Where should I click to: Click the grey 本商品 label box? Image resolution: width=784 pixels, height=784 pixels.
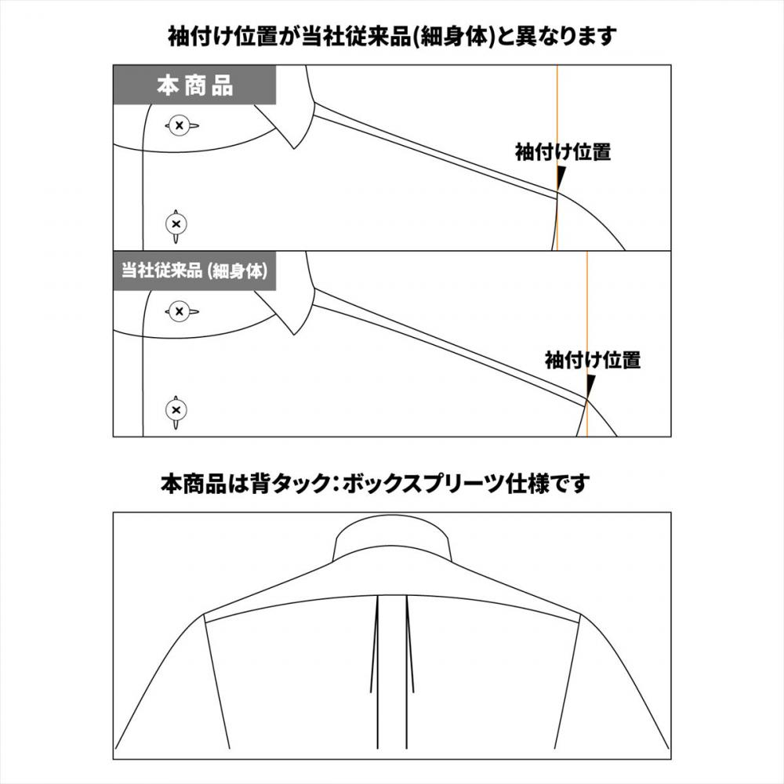(194, 85)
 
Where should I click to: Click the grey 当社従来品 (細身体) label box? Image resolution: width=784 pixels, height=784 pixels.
(194, 271)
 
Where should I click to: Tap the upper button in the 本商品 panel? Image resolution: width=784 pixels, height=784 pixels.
(179, 125)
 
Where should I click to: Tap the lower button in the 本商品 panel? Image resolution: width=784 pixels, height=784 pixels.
(176, 225)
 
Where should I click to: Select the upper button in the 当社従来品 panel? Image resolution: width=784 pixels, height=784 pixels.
(179, 311)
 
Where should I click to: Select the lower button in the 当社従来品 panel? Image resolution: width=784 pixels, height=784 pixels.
(176, 411)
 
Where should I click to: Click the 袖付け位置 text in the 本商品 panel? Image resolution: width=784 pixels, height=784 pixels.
(563, 152)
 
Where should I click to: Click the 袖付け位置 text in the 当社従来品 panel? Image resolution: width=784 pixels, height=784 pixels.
(593, 360)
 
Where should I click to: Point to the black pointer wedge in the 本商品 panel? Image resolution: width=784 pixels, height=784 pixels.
(561, 177)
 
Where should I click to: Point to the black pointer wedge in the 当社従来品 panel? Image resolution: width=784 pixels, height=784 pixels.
(590, 386)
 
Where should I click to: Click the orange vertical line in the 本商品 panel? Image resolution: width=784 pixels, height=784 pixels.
(557, 158)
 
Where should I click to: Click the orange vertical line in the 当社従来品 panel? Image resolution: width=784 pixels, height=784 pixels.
(587, 344)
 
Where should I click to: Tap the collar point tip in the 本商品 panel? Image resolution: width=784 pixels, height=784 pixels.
(295, 148)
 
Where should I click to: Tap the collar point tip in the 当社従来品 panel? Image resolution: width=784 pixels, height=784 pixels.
(295, 334)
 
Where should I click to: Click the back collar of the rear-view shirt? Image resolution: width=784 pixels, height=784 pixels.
(393, 542)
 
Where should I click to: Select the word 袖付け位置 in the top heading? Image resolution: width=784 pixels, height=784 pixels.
(223, 36)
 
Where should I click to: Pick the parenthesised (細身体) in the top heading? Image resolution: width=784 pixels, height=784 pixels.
(454, 36)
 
